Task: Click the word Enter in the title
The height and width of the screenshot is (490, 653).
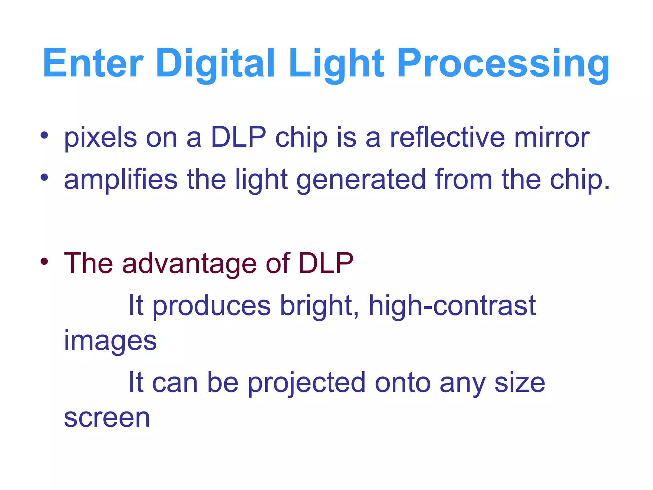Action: point(93,63)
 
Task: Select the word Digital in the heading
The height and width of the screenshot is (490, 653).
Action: point(215,63)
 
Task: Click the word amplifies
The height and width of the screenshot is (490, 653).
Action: point(121,179)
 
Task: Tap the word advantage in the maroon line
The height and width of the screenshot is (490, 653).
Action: point(189,264)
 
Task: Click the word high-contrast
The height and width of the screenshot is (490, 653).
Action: point(452,306)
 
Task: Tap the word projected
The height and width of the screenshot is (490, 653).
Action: point(307,383)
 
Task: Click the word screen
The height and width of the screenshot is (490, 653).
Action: point(107,418)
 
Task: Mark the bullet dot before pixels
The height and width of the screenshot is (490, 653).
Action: point(44,136)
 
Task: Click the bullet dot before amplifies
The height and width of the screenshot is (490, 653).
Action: point(44,177)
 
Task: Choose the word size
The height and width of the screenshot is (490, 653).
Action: point(520,383)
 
